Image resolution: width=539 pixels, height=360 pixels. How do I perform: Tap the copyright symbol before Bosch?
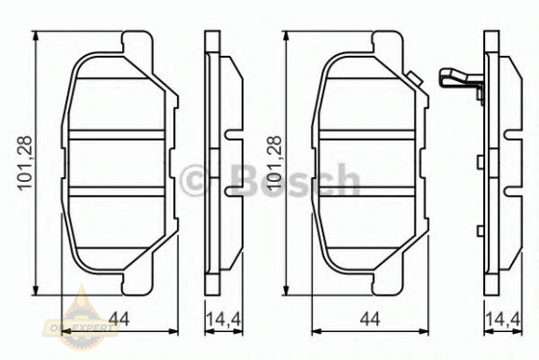coord(200,180)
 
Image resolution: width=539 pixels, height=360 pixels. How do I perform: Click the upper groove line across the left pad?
coord(119,135)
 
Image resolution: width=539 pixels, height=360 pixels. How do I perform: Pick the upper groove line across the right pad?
coord(370,135)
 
